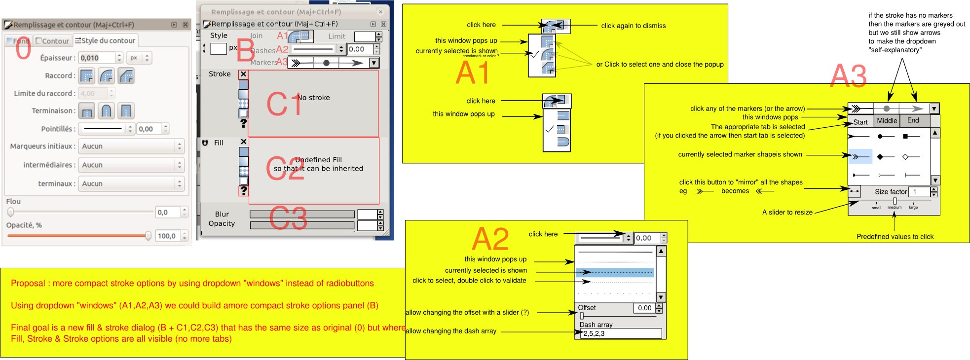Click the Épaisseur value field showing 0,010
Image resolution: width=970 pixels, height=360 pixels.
[x=97, y=58]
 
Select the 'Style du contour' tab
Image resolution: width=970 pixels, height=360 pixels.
[x=106, y=40]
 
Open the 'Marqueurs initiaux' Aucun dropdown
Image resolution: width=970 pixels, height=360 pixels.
[x=131, y=146]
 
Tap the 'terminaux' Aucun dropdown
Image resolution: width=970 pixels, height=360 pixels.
[x=131, y=183]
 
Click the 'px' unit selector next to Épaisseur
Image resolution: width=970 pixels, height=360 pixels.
[x=138, y=58]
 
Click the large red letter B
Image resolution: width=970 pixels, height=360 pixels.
[x=245, y=51]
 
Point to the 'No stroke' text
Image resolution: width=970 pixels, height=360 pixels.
[x=314, y=98]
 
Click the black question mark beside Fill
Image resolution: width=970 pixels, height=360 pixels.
[x=243, y=190]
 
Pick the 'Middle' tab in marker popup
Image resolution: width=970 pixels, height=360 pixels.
[x=887, y=121]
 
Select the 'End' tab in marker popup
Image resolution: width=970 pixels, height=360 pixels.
[x=913, y=121]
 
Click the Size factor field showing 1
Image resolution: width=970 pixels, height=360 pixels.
[x=919, y=192]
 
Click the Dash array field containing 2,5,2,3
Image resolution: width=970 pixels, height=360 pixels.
[x=621, y=334]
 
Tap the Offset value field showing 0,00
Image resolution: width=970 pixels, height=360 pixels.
[x=644, y=308]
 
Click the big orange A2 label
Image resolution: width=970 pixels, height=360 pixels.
[x=490, y=240]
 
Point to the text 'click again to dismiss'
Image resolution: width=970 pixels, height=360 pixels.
[x=633, y=26]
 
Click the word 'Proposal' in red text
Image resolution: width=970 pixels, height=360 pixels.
[x=28, y=283]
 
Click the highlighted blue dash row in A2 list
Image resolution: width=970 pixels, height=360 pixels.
[x=615, y=272]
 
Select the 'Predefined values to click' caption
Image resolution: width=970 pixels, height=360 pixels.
[x=895, y=237]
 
